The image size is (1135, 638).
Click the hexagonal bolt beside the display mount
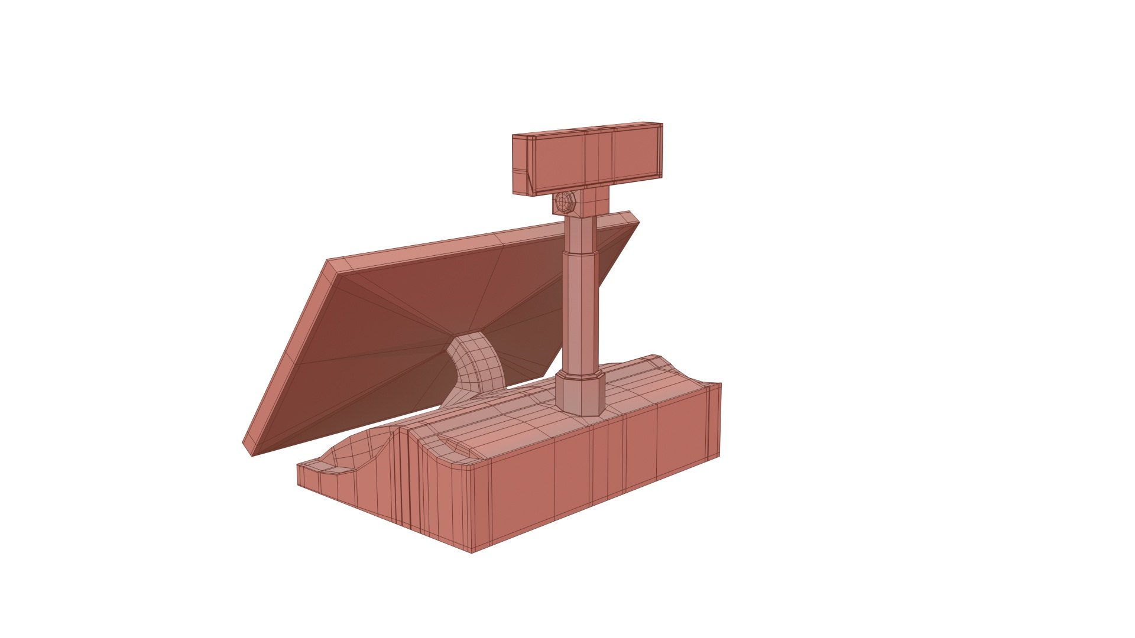coord(564,203)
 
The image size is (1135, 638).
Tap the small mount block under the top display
coord(592,202)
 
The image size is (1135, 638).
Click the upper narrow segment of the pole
coord(582,234)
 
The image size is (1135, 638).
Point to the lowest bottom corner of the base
coord(471,552)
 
